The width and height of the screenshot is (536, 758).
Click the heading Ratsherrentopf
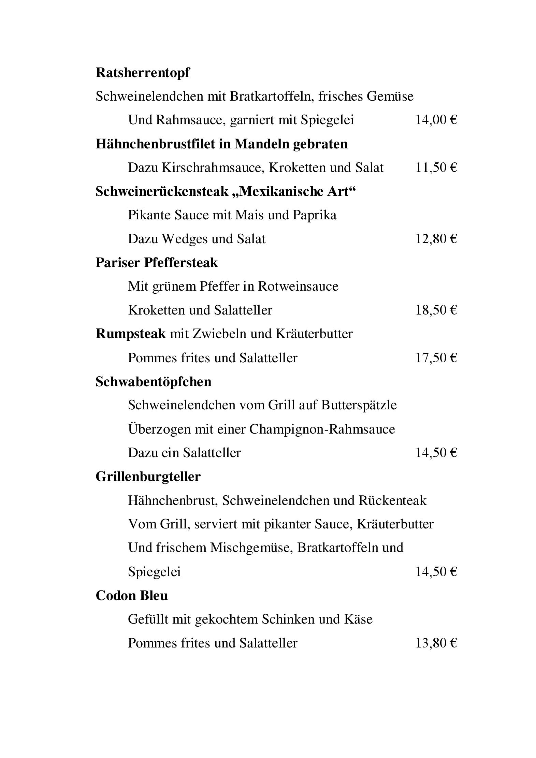click(142, 73)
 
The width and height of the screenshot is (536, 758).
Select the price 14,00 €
click(436, 120)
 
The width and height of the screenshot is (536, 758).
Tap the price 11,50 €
click(436, 167)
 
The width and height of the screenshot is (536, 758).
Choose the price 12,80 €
click(436, 239)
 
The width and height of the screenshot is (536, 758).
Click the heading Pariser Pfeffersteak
click(157, 263)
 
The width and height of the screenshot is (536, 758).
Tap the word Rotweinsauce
click(298, 286)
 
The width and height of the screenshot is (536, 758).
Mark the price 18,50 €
click(436, 310)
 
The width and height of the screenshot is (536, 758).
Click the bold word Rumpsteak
click(130, 334)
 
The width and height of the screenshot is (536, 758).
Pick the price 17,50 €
click(436, 358)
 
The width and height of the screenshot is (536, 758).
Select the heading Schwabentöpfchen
click(153, 382)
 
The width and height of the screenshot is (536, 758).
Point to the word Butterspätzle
click(359, 405)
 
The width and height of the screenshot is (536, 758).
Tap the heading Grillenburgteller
click(148, 477)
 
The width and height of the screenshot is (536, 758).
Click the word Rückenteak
click(392, 500)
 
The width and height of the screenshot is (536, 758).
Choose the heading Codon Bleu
click(132, 596)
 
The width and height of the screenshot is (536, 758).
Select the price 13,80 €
click(436, 643)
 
